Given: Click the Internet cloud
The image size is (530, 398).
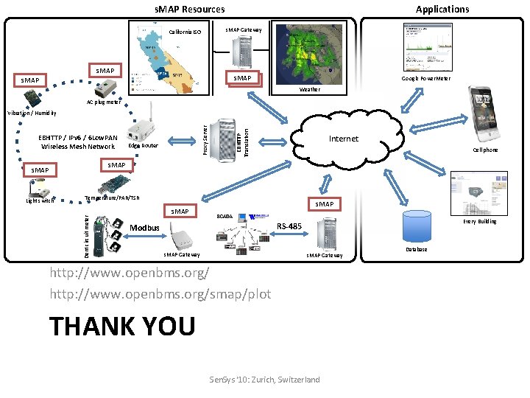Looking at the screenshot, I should pyautogui.click(x=343, y=139).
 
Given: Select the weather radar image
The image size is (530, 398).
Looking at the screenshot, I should pyautogui.click(x=309, y=56).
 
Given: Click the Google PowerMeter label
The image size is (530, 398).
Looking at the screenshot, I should pyautogui.click(x=426, y=78).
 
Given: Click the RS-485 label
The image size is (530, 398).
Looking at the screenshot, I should pyautogui.click(x=289, y=226).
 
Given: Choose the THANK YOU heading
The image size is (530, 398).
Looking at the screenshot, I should pyautogui.click(x=122, y=325).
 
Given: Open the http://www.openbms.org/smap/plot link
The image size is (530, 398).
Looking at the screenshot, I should pyautogui.click(x=160, y=294).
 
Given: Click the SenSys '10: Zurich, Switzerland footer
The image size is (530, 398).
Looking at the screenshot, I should pyautogui.click(x=265, y=380).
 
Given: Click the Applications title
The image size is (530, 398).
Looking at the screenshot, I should pyautogui.click(x=442, y=9).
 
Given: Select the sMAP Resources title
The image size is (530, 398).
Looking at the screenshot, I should pyautogui.click(x=189, y=9).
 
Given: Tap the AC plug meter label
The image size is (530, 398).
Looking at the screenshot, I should pyautogui.click(x=104, y=102).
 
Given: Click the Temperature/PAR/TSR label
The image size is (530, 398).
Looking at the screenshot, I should pyautogui.click(x=112, y=197).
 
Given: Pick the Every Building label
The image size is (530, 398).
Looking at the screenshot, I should pyautogui.click(x=479, y=221).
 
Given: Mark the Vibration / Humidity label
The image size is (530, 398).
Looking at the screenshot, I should pyautogui.click(x=31, y=113).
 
